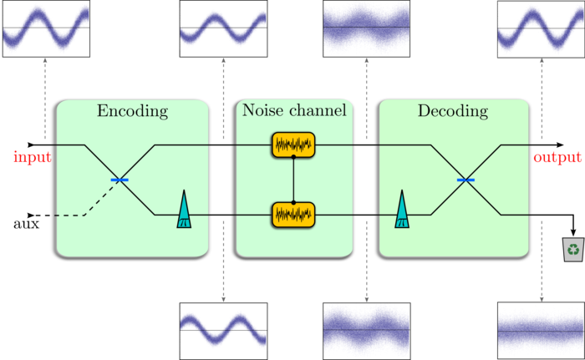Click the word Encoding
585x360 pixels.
click(x=132, y=111)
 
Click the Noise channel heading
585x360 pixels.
click(x=293, y=111)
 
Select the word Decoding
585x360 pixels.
click(x=453, y=111)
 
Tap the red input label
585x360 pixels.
click(x=33, y=157)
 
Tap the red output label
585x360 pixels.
click(x=557, y=157)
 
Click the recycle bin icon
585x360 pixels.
click(x=573, y=249)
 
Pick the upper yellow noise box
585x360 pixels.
click(x=293, y=145)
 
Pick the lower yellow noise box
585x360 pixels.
click(x=293, y=215)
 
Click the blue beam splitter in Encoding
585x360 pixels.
click(x=120, y=180)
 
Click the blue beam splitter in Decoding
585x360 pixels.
click(x=465, y=180)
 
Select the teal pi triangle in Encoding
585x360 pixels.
click(x=184, y=210)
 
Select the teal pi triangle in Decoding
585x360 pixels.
click(x=403, y=210)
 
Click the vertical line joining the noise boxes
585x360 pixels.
click(x=293, y=180)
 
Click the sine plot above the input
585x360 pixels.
click(x=46, y=28)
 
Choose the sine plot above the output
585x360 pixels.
click(x=539, y=28)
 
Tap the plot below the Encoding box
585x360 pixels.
click(x=223, y=329)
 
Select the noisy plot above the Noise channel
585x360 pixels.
click(x=367, y=28)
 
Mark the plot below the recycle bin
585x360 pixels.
click(x=539, y=331)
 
